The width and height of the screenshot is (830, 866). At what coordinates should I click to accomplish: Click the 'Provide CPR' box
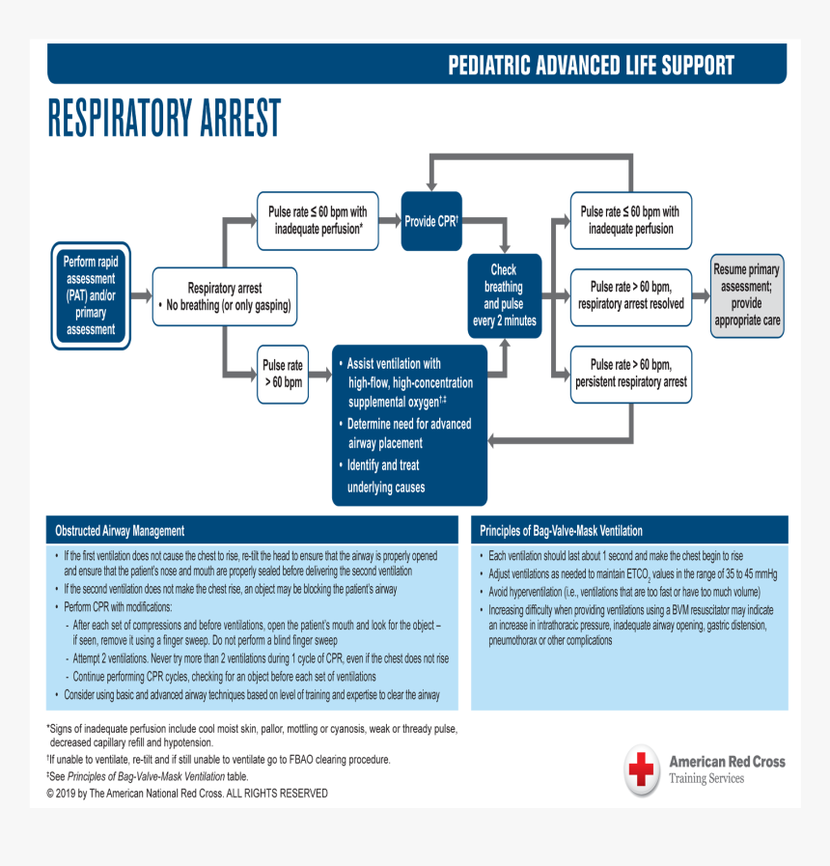(430, 221)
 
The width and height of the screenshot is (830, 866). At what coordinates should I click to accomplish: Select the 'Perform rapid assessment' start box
(91, 295)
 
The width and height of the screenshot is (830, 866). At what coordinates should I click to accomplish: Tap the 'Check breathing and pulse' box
(503, 295)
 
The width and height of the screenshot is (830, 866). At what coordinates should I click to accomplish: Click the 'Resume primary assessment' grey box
(746, 295)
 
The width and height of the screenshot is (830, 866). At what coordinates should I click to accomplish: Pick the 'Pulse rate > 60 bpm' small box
(282, 374)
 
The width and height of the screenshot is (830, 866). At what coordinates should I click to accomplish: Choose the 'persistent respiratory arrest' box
(631, 374)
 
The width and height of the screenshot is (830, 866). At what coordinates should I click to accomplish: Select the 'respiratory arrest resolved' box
(631, 295)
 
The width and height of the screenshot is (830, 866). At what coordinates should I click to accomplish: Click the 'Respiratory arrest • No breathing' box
(224, 297)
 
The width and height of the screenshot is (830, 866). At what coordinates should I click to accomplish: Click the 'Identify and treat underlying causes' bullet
(386, 476)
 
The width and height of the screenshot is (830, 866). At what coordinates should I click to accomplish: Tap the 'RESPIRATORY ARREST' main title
(164, 119)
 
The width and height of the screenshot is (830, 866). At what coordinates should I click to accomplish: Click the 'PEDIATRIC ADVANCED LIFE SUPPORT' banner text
(591, 66)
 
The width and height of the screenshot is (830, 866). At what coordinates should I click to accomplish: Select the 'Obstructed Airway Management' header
(120, 531)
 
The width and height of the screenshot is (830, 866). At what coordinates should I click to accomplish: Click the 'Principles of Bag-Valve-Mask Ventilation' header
(561, 531)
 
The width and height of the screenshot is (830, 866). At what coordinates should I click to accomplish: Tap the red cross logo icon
(641, 769)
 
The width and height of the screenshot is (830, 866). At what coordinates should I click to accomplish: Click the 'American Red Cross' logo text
(726, 762)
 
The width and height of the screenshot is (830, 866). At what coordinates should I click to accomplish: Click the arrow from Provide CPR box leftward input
(390, 221)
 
